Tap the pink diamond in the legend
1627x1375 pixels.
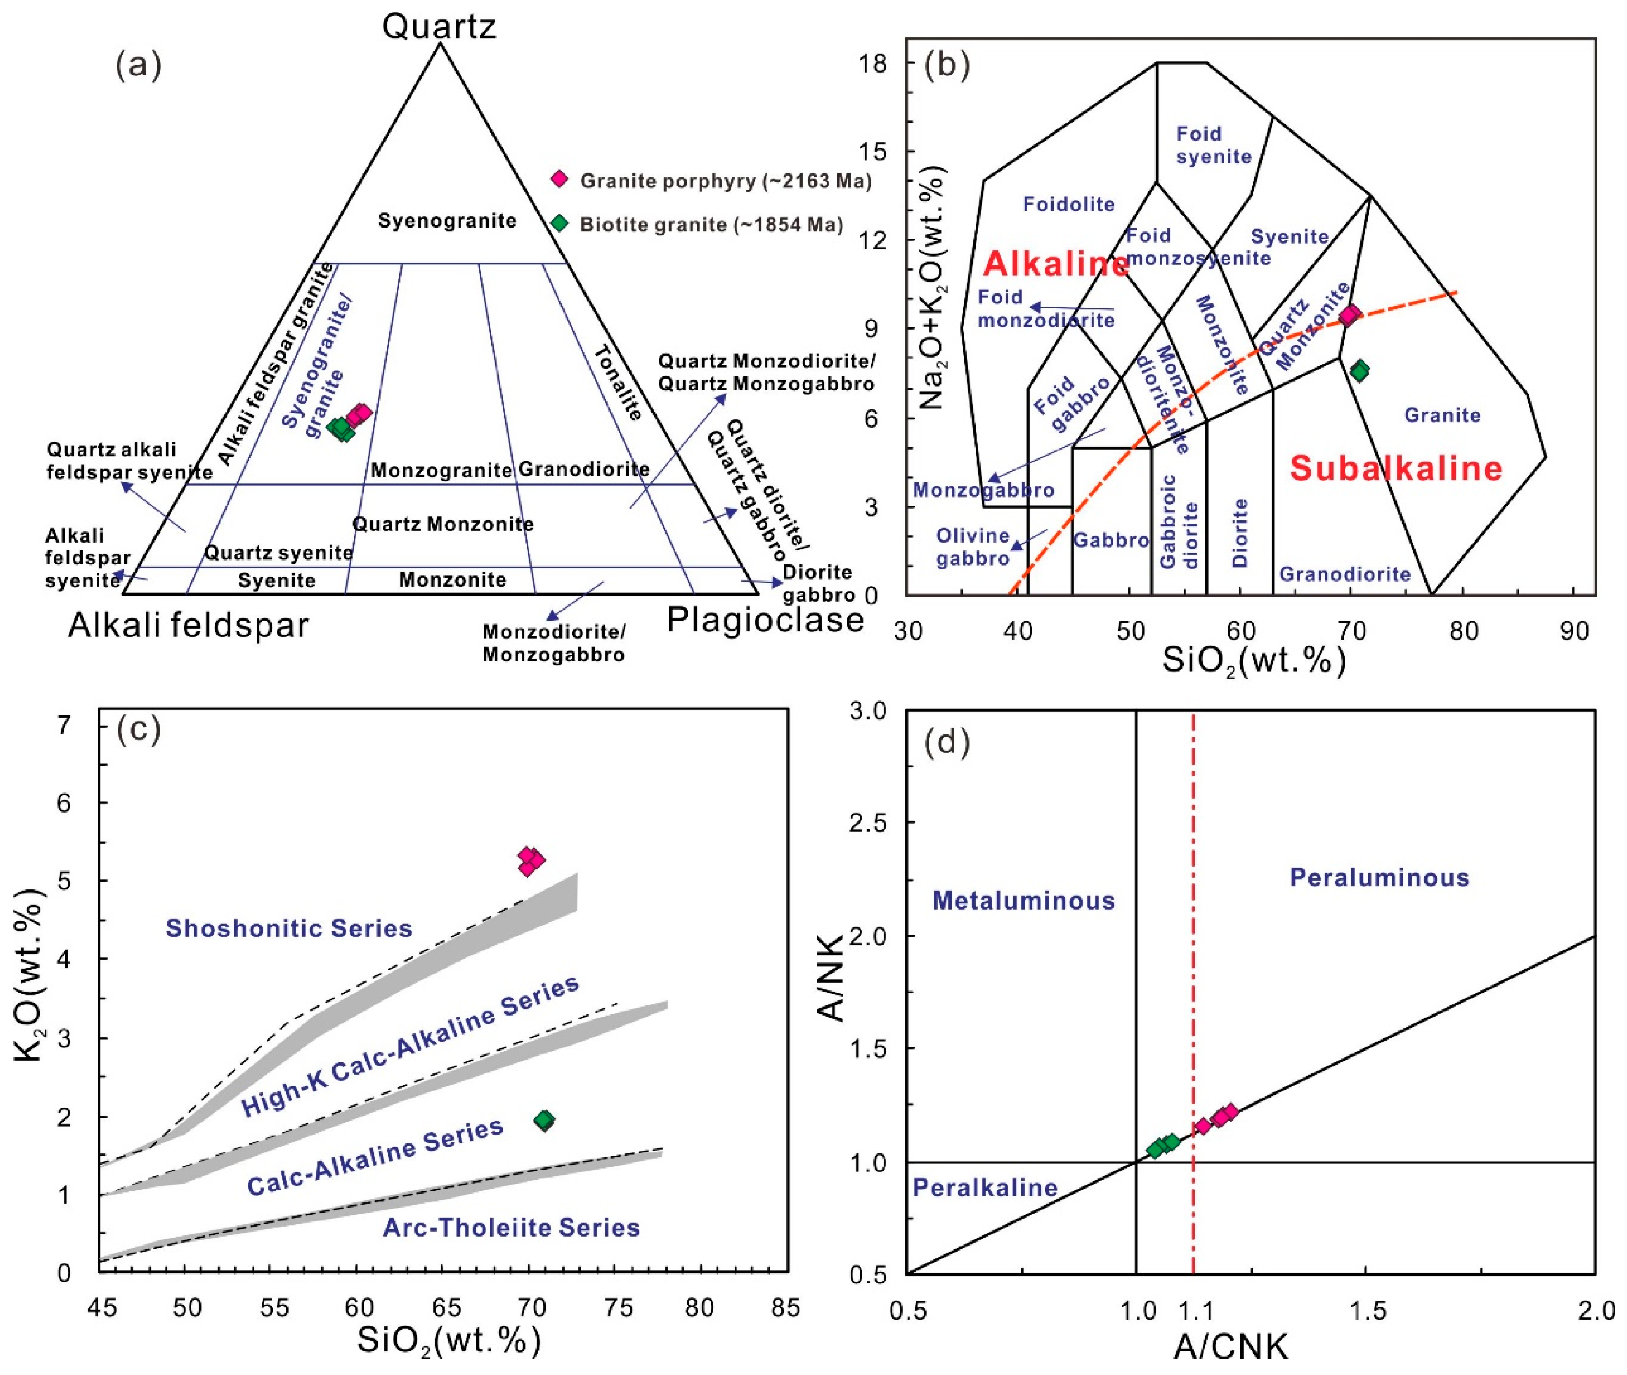[x=559, y=179]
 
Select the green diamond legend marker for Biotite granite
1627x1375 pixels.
[x=559, y=223]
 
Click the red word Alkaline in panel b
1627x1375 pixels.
[x=1056, y=265]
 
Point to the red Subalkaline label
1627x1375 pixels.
[x=1395, y=469]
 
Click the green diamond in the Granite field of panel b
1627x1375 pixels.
[x=1360, y=371]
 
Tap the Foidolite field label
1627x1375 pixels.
[x=1068, y=204]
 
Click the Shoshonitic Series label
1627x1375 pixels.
[x=289, y=928]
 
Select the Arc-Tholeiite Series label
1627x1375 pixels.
[x=511, y=1227]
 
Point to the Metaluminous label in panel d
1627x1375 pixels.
[x=1024, y=901]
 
